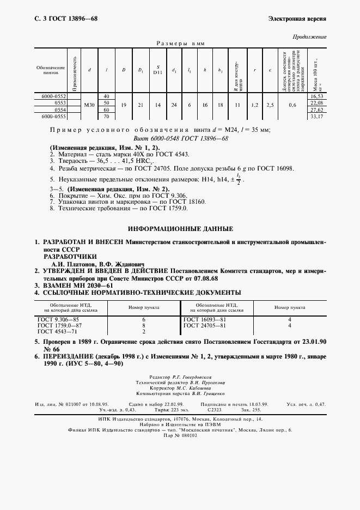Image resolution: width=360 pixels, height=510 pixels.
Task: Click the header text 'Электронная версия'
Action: point(297,19)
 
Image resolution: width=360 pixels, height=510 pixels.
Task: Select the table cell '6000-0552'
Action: point(54,96)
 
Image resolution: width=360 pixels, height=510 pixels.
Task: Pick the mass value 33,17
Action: point(317,117)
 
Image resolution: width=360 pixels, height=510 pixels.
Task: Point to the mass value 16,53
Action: point(317,96)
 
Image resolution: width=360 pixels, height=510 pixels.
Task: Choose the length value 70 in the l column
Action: point(107,117)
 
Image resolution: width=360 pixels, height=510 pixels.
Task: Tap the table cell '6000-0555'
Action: point(54,117)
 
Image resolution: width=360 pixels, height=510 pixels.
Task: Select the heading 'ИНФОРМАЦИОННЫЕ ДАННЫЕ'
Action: point(180,229)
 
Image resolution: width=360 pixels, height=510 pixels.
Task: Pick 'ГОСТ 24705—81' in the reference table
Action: point(205,325)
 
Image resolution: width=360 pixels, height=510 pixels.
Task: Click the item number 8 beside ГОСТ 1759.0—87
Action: point(143,325)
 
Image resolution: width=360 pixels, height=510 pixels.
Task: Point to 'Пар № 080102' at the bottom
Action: point(180,436)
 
